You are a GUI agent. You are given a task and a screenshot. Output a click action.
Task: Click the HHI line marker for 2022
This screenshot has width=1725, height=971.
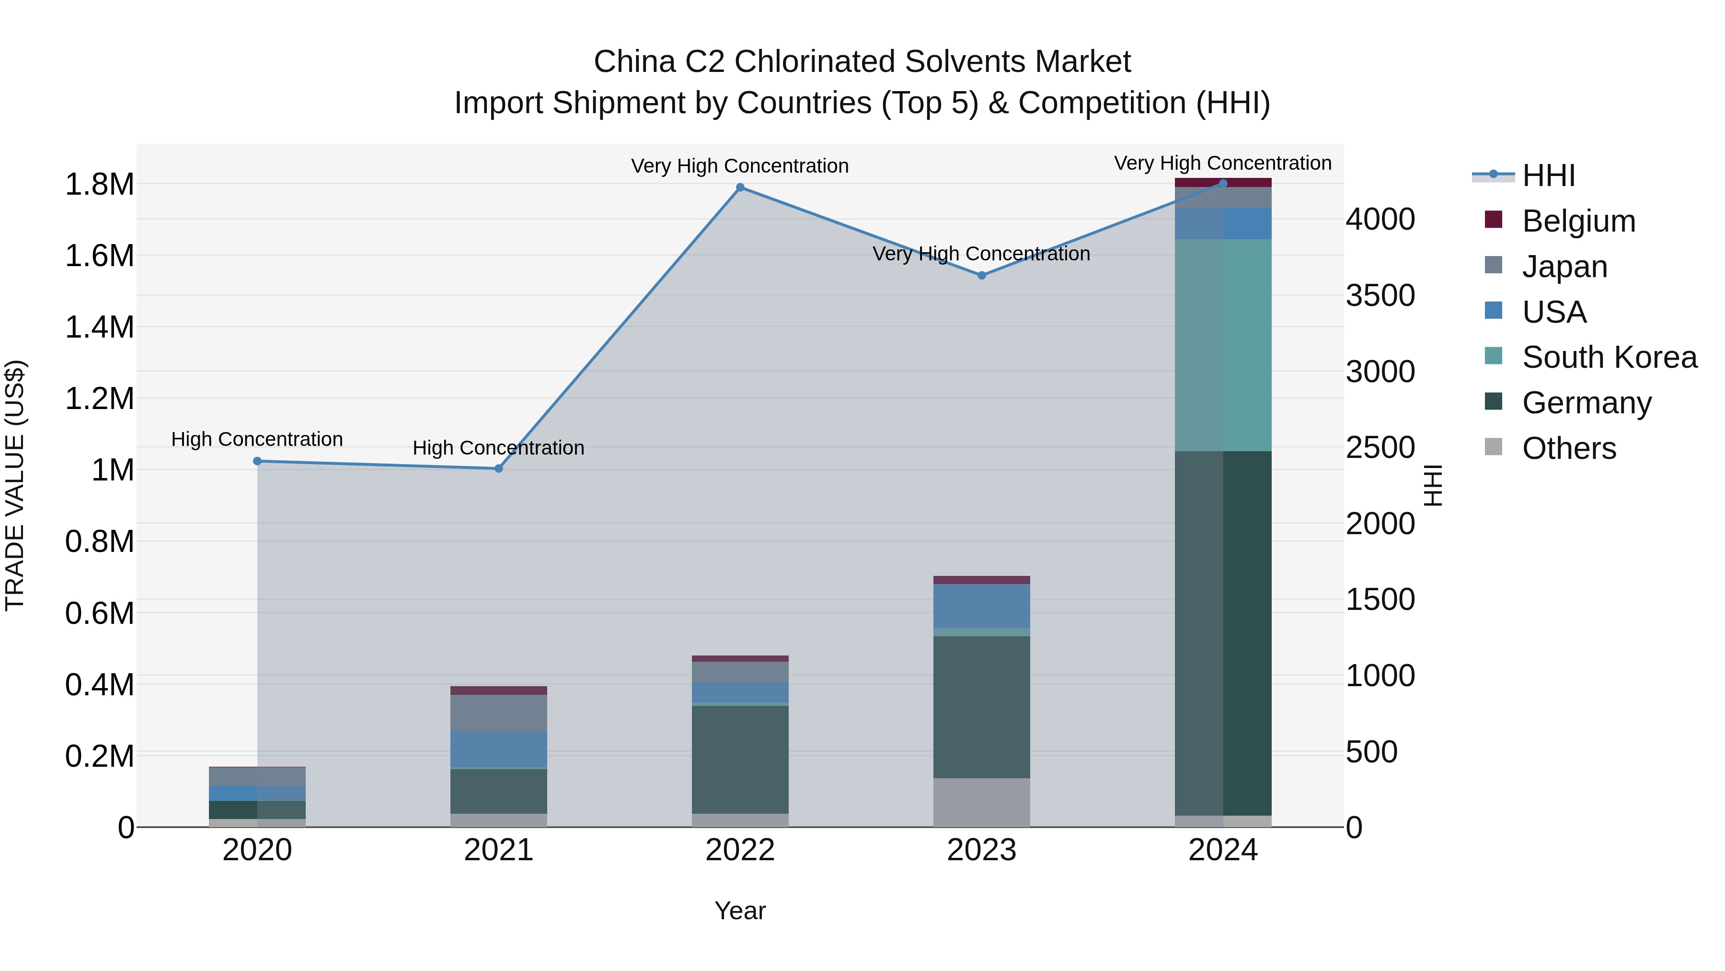click(740, 187)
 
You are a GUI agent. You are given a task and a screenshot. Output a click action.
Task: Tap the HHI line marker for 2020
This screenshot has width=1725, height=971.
click(257, 461)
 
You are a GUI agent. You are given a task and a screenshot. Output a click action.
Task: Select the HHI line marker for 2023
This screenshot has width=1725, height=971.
click(982, 275)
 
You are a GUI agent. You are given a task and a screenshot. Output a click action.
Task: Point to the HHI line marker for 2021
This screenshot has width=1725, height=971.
click(499, 468)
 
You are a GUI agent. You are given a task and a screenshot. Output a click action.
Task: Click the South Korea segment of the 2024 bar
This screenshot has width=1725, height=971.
click(1223, 345)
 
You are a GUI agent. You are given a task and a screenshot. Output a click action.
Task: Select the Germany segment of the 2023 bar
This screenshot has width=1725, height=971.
click(982, 707)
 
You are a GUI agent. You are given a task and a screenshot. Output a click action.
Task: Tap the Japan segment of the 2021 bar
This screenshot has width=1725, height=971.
click(499, 713)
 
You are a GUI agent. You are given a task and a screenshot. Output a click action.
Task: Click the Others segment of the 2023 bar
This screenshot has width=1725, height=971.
click(982, 802)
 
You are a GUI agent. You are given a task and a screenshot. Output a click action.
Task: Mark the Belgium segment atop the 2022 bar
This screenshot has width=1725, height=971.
click(740, 659)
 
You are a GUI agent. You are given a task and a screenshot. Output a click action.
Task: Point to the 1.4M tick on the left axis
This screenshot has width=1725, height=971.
click(100, 328)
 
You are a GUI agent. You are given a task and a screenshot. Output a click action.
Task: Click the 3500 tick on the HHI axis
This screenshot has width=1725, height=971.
click(1381, 295)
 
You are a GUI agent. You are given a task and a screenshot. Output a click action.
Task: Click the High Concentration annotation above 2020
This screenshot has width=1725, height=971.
click(257, 440)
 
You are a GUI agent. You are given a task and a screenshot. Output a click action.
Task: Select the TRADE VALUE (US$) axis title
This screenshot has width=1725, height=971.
click(15, 485)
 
